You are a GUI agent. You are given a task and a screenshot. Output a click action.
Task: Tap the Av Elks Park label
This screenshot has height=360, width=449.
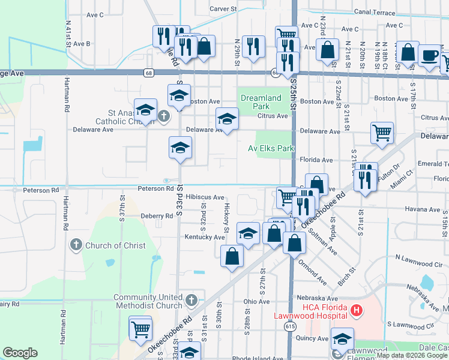(271, 148)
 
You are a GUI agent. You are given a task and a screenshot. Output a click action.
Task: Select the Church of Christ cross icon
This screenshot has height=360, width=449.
(76, 245)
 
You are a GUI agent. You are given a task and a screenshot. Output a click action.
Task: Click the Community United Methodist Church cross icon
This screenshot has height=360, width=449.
(191, 300)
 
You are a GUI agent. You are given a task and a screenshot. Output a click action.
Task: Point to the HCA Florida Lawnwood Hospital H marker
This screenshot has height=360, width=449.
(357, 310)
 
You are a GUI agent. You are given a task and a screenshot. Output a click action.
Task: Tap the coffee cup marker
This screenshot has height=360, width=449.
(429, 55)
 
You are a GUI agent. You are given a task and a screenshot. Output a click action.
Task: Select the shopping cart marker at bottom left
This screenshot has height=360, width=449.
(140, 328)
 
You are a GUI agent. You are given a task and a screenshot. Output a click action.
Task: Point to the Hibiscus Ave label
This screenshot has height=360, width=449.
(205, 197)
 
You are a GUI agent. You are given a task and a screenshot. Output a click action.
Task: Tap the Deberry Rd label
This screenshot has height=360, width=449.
(140, 215)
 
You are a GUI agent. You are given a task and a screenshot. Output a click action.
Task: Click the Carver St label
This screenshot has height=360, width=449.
(224, 9)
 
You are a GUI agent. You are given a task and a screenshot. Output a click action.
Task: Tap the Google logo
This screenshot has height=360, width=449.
(20, 353)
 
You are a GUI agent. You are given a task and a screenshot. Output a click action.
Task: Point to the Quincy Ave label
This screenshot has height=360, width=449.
(312, 338)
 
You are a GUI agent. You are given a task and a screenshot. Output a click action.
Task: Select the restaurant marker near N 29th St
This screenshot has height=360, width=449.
(253, 46)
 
